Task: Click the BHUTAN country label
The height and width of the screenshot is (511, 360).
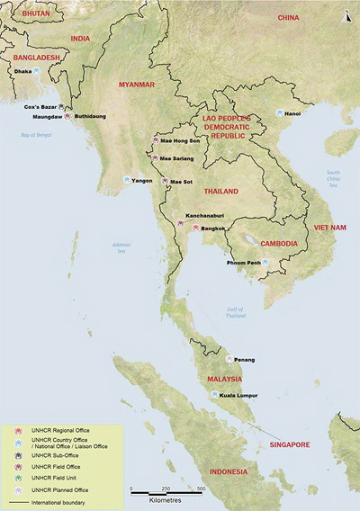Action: (x=21, y=15)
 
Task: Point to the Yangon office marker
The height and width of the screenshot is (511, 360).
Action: (x=127, y=180)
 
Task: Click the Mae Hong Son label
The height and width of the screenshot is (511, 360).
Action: (x=182, y=141)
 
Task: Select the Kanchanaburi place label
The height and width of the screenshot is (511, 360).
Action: (x=203, y=216)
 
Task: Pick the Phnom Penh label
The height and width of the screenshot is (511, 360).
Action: (x=243, y=262)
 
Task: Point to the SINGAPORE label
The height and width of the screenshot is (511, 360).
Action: (x=286, y=444)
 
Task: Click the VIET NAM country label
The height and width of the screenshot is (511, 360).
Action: (x=328, y=228)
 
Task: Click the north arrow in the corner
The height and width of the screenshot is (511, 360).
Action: (x=348, y=13)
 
